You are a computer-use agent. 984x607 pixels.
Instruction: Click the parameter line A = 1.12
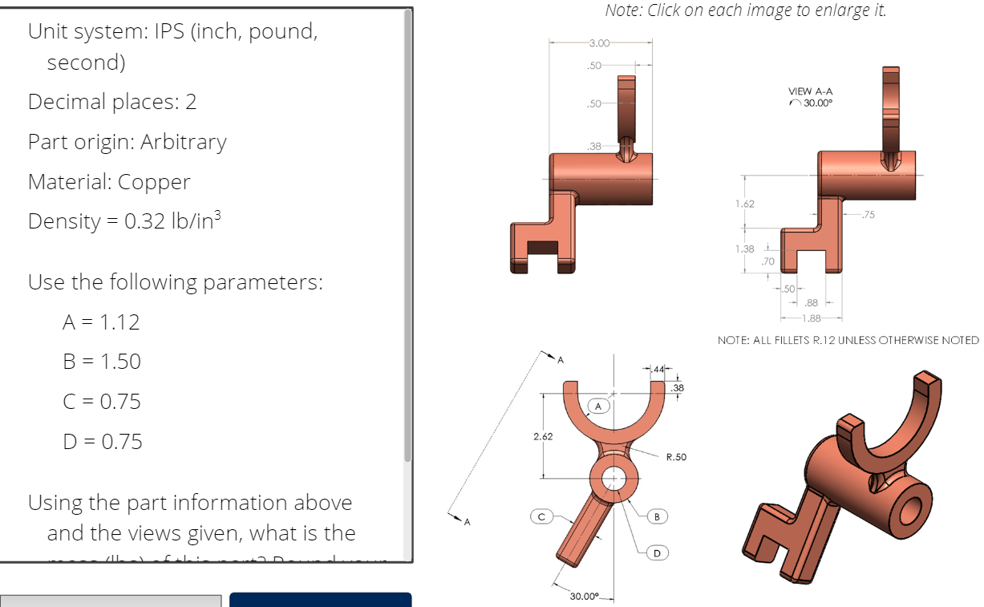(x=101, y=322)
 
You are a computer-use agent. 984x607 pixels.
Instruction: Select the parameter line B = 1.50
(x=102, y=362)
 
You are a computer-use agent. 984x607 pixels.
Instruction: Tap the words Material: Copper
(x=109, y=182)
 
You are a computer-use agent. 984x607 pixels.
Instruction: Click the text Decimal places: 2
(x=112, y=102)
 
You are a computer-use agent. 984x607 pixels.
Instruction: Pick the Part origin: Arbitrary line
(x=128, y=142)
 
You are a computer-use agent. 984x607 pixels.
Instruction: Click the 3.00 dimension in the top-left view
(x=599, y=42)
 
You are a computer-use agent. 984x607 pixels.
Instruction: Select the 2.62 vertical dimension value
(x=542, y=437)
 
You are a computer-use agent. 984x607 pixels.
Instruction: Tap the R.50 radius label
(x=676, y=457)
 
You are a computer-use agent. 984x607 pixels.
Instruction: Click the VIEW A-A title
(x=811, y=91)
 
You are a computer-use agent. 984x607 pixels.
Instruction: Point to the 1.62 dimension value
(x=744, y=204)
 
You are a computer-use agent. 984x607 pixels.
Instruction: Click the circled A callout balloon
(x=598, y=406)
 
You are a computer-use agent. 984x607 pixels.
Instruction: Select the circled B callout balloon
(x=657, y=516)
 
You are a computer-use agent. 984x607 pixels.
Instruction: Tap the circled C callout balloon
(x=541, y=516)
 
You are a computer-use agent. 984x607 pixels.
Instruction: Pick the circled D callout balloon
(x=657, y=552)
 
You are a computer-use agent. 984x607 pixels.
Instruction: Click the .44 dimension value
(x=659, y=369)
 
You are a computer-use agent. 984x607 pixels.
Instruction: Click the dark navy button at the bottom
(x=320, y=599)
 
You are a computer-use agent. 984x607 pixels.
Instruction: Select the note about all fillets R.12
(x=848, y=340)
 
